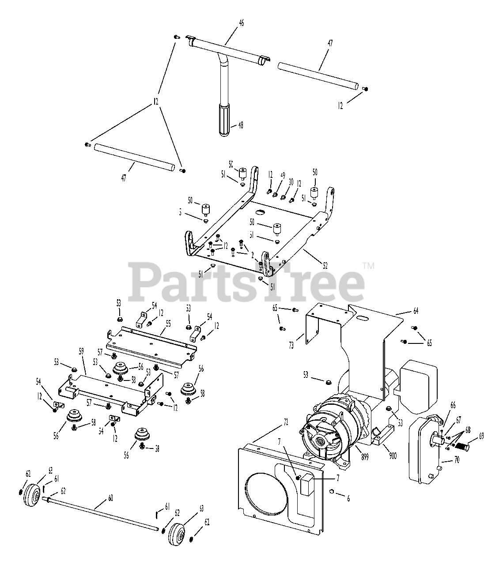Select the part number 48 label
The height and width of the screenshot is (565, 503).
[241, 125]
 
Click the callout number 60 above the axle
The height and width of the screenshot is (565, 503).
[110, 499]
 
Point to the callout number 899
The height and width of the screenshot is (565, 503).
[365, 458]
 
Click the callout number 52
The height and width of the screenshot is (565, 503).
[325, 266]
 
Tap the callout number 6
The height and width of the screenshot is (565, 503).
[348, 498]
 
